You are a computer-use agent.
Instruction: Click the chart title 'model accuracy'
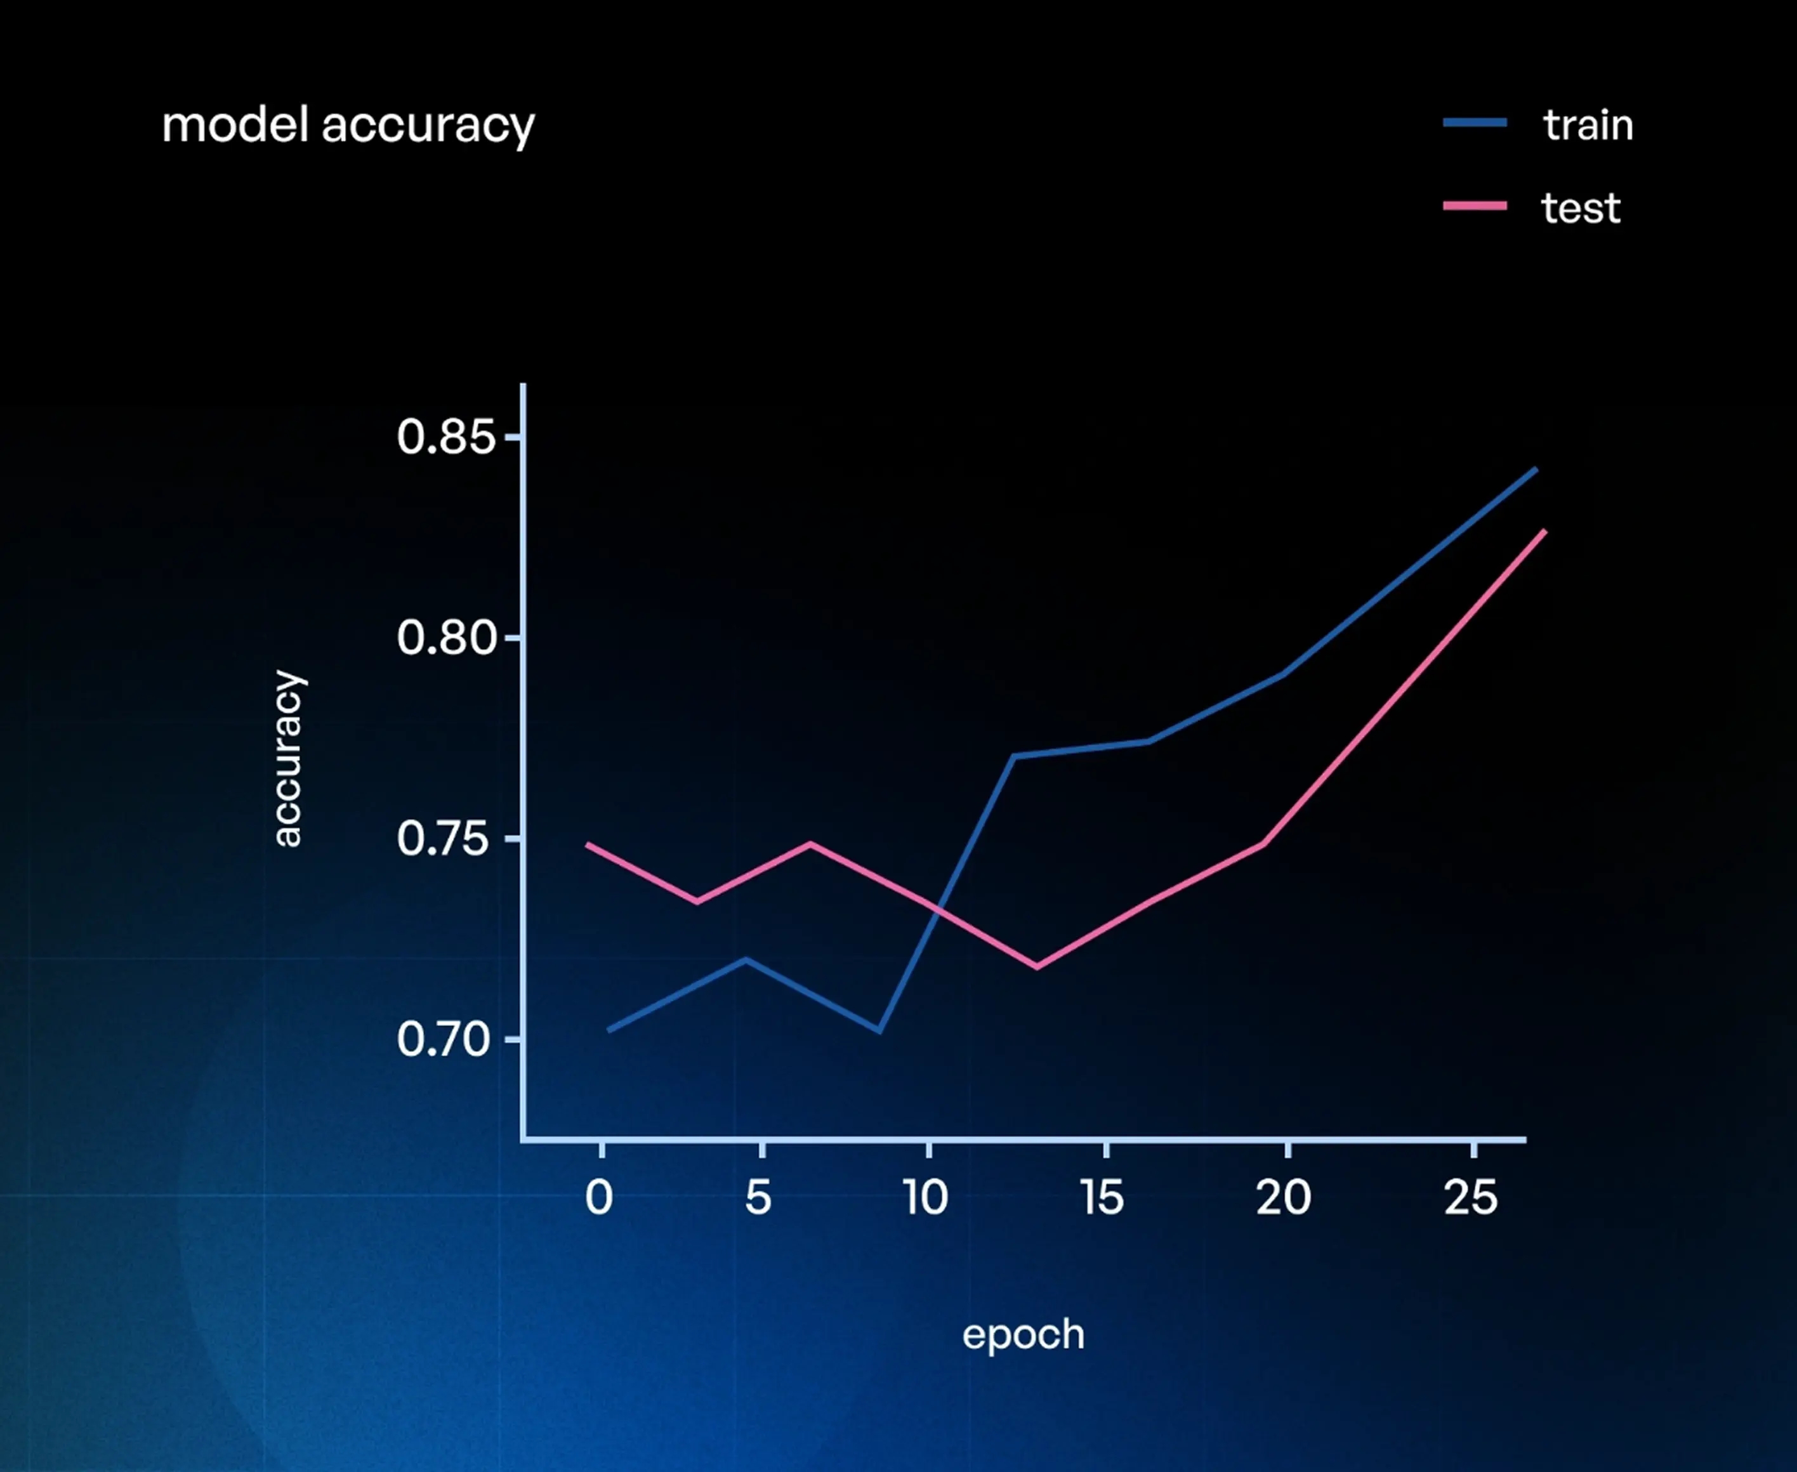[348, 126]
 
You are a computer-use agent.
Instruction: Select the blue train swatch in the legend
[1475, 123]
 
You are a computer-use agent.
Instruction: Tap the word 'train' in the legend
[1588, 126]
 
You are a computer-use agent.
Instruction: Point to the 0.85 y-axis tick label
[445, 438]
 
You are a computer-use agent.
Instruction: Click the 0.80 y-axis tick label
[445, 638]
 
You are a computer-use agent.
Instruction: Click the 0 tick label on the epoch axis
[599, 1198]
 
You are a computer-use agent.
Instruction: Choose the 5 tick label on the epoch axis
[758, 1198]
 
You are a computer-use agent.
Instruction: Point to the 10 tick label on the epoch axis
[925, 1198]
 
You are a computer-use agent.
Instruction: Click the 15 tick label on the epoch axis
[1102, 1198]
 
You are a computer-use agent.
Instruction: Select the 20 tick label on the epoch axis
[1283, 1198]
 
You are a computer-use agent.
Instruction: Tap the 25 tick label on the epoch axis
[1471, 1198]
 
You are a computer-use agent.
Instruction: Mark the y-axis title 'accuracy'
[287, 759]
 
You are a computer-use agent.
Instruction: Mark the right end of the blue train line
[1536, 469]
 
